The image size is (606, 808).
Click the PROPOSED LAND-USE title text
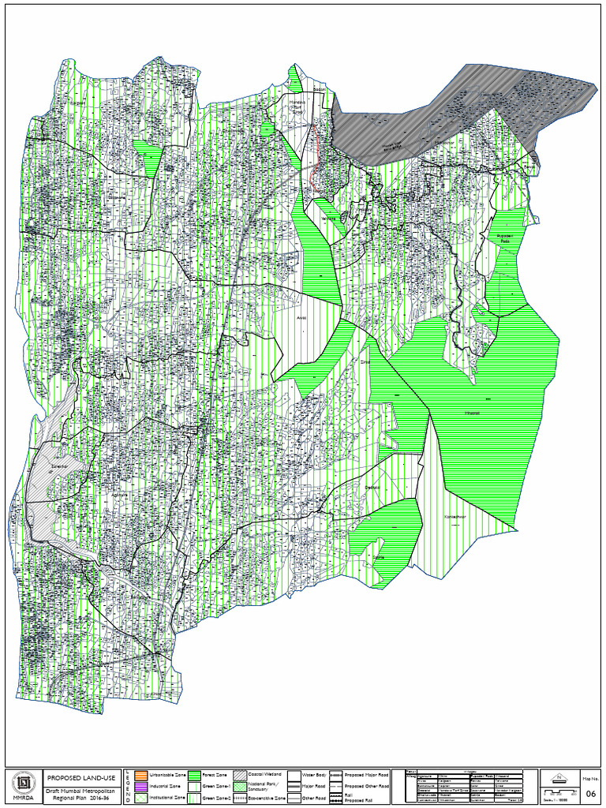[76, 777]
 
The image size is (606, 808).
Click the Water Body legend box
[294, 776]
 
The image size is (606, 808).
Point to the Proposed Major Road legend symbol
[335, 776]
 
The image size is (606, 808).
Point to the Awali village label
[301, 317]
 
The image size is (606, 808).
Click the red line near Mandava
[314, 158]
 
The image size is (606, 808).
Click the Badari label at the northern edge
[319, 90]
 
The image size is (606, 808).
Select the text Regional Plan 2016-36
[76, 799]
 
